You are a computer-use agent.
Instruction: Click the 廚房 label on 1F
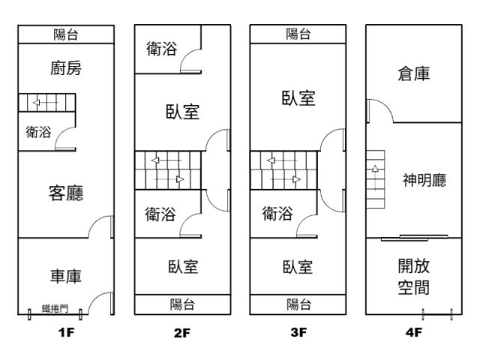[66, 69]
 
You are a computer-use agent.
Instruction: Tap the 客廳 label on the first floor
[66, 193]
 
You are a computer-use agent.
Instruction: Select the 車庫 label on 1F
[66, 276]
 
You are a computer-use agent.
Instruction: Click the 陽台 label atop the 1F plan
[66, 34]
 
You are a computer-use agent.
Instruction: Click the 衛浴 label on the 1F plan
[38, 133]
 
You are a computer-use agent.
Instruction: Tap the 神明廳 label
[424, 181]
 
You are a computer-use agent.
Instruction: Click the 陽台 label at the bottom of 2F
[182, 304]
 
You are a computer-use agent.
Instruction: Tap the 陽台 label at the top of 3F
[298, 34]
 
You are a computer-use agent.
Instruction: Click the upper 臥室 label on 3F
[298, 98]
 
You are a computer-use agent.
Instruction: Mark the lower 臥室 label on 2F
[182, 267]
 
